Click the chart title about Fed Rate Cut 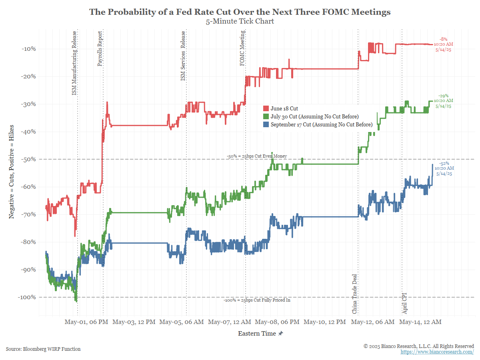coord(240,12)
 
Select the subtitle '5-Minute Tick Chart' coord(240,21)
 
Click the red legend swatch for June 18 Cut coord(266,108)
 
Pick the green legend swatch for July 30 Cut coord(266,116)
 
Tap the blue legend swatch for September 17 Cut coord(266,125)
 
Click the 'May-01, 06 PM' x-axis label coord(86,322)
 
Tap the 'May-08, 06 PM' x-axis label coord(277,322)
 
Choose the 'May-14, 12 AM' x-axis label coord(421,322)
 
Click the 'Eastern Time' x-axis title coord(257,333)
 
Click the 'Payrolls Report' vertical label coord(100,48)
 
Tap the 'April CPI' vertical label coord(404,303)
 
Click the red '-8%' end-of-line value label coord(444,39)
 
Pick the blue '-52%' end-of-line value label coord(444,163)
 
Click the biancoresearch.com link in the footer coord(437,352)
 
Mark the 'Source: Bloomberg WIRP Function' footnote coord(43,349)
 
